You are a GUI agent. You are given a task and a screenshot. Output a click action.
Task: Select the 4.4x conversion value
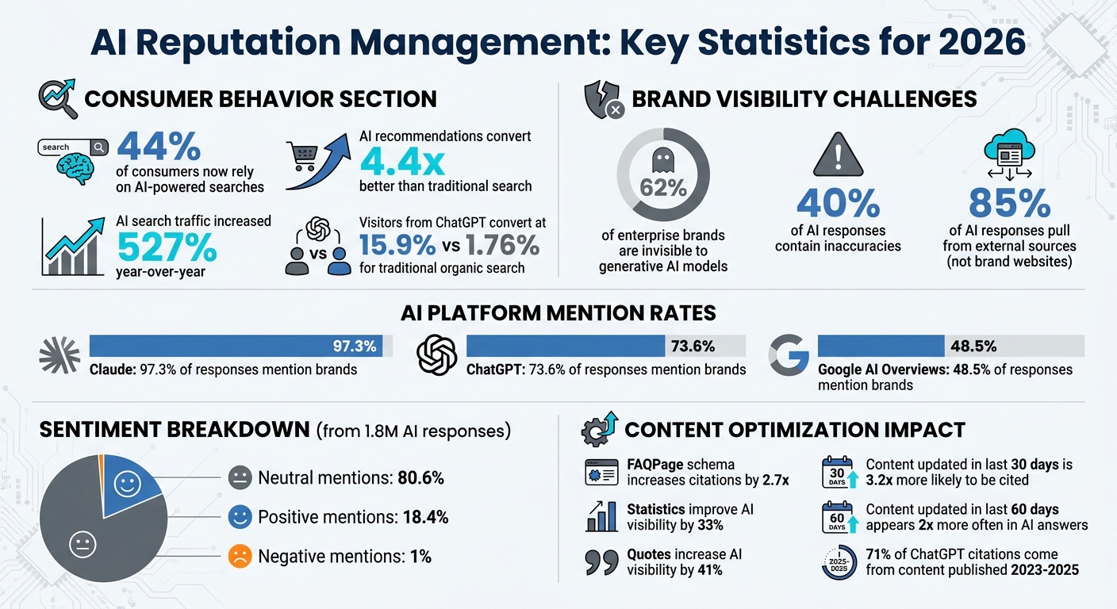tap(402, 162)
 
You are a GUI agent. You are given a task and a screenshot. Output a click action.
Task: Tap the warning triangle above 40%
tap(837, 155)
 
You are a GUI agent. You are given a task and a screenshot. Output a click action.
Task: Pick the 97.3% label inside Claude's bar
tap(355, 346)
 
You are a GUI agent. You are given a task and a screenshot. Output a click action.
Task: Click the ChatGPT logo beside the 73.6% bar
tap(437, 354)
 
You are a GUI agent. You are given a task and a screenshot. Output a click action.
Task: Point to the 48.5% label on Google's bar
tap(973, 346)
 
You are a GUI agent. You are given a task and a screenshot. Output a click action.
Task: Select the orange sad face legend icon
tap(240, 557)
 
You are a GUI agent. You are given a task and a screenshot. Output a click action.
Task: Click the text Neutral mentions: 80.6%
tap(351, 478)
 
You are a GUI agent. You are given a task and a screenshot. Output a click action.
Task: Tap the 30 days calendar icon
tap(837, 471)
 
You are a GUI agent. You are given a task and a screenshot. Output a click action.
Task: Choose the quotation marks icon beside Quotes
tap(601, 561)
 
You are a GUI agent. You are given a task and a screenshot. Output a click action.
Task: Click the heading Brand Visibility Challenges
tap(804, 99)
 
